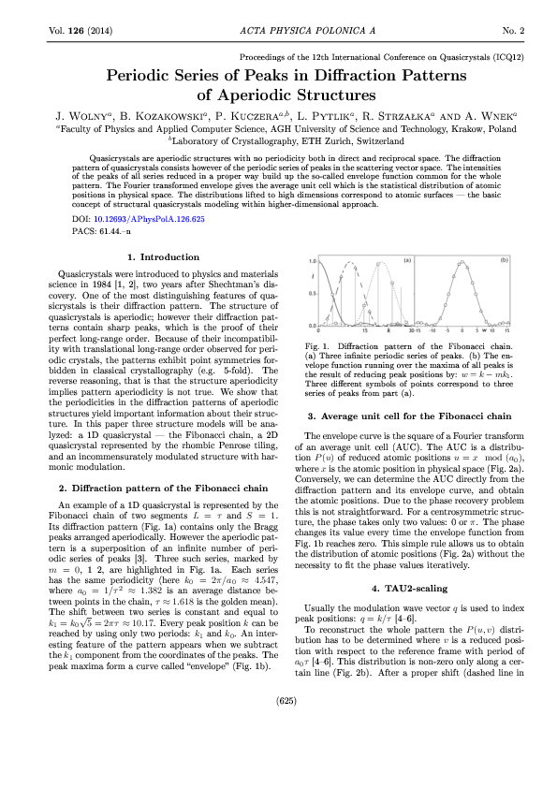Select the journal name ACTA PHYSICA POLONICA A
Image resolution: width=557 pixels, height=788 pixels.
278,31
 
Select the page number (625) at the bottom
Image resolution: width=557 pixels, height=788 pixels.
278,752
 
